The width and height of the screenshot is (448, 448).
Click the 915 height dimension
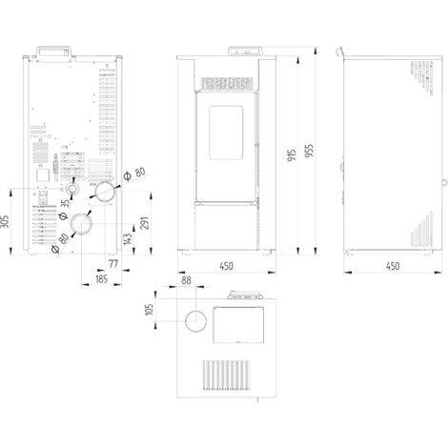(x=292, y=154)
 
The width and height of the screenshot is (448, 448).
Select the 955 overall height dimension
(x=309, y=151)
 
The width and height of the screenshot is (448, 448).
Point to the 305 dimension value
(x=5, y=221)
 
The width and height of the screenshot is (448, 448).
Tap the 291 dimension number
(x=144, y=223)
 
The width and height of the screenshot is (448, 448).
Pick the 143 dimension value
(x=127, y=239)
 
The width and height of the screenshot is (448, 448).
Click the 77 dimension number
(x=113, y=263)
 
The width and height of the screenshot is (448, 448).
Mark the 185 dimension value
(x=101, y=279)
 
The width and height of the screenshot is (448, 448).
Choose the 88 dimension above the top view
(x=186, y=280)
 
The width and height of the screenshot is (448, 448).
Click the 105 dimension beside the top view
(x=149, y=310)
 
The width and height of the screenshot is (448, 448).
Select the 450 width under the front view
(x=227, y=266)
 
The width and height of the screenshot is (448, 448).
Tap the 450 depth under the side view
(x=393, y=266)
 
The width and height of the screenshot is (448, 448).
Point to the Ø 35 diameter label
(x=65, y=210)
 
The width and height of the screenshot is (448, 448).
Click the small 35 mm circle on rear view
(x=72, y=189)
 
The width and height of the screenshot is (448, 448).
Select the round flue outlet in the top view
(x=196, y=321)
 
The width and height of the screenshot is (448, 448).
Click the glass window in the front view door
(x=226, y=132)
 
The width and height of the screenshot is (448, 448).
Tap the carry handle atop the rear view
(x=53, y=52)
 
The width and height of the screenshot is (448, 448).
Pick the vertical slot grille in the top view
(x=226, y=375)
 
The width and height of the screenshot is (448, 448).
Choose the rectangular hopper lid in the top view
(x=238, y=325)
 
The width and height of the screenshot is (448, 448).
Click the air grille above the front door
(x=228, y=83)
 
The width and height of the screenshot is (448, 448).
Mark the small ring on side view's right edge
(x=444, y=182)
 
